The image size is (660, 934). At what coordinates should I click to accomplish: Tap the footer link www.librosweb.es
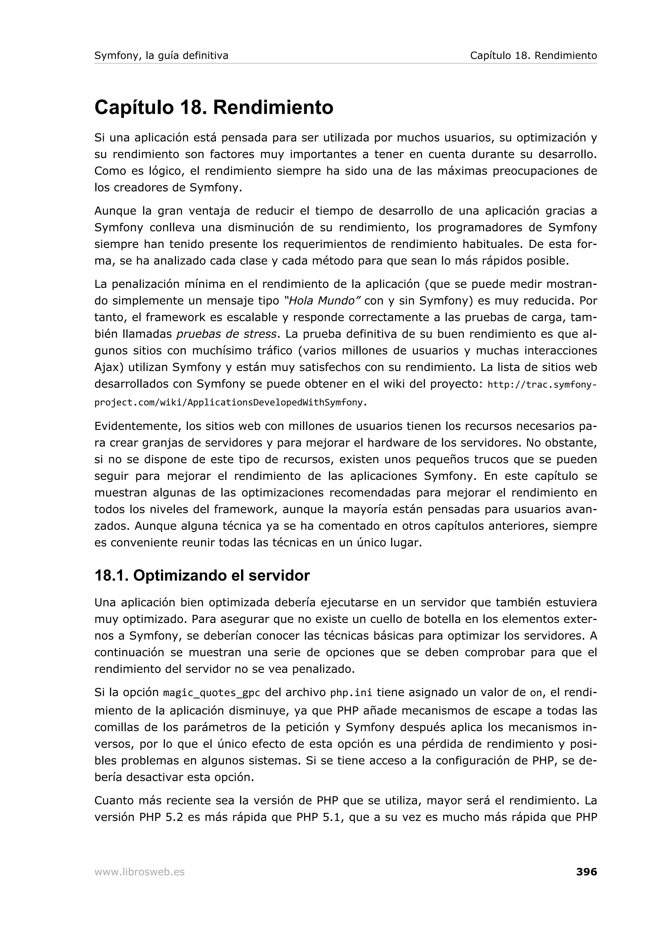[x=140, y=872]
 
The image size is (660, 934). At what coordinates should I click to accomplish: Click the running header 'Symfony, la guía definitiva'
[x=161, y=55]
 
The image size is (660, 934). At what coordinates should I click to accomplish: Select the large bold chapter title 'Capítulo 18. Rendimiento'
[x=214, y=107]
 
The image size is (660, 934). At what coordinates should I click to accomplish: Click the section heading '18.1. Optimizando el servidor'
[x=202, y=576]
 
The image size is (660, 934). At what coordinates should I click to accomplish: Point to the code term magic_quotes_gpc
[x=211, y=693]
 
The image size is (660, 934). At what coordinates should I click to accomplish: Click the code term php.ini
[x=351, y=693]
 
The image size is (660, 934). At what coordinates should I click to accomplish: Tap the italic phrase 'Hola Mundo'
[x=322, y=301]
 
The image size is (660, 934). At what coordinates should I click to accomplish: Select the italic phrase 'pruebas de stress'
[x=227, y=334]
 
